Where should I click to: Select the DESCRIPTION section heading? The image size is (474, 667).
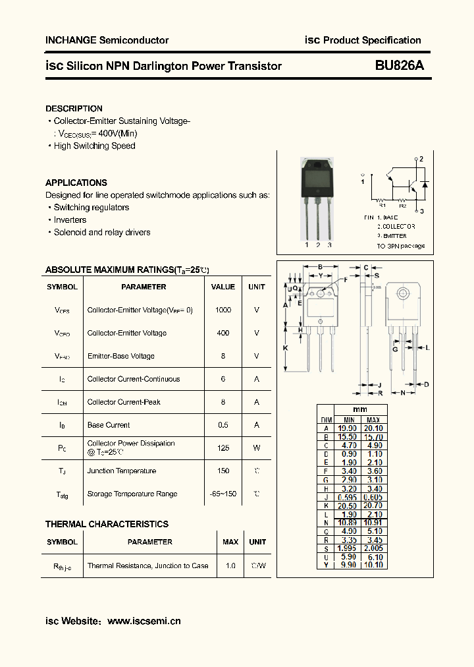(74, 109)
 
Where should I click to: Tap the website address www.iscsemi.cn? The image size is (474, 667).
(144, 621)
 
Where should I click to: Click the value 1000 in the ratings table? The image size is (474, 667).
(223, 310)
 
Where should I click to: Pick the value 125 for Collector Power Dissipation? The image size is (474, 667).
(223, 448)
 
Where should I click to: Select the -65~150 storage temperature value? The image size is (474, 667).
(223, 494)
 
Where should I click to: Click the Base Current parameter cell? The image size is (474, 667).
(109, 425)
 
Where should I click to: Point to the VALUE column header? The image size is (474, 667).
(223, 287)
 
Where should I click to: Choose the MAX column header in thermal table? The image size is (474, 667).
(230, 542)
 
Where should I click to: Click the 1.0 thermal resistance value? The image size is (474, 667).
(230, 565)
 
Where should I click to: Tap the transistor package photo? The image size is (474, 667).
(317, 198)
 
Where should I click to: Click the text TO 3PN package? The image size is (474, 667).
(400, 246)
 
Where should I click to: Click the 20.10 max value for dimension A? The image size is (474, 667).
(373, 428)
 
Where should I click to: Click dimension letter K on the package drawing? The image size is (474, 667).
(285, 347)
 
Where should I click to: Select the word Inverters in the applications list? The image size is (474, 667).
(70, 220)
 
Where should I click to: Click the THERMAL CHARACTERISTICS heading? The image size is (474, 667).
(107, 525)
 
